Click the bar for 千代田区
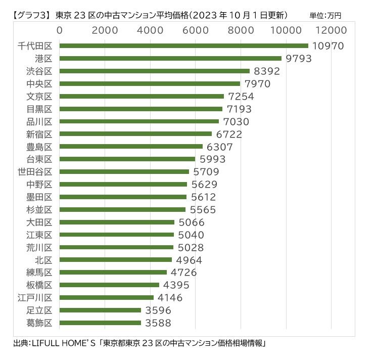(183, 46)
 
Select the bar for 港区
(170, 59)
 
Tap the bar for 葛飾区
(100, 323)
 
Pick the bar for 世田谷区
(124, 171)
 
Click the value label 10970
(328, 46)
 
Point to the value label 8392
(267, 71)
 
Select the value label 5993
(212, 159)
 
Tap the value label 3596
(158, 310)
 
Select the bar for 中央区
(150, 84)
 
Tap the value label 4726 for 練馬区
(184, 273)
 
